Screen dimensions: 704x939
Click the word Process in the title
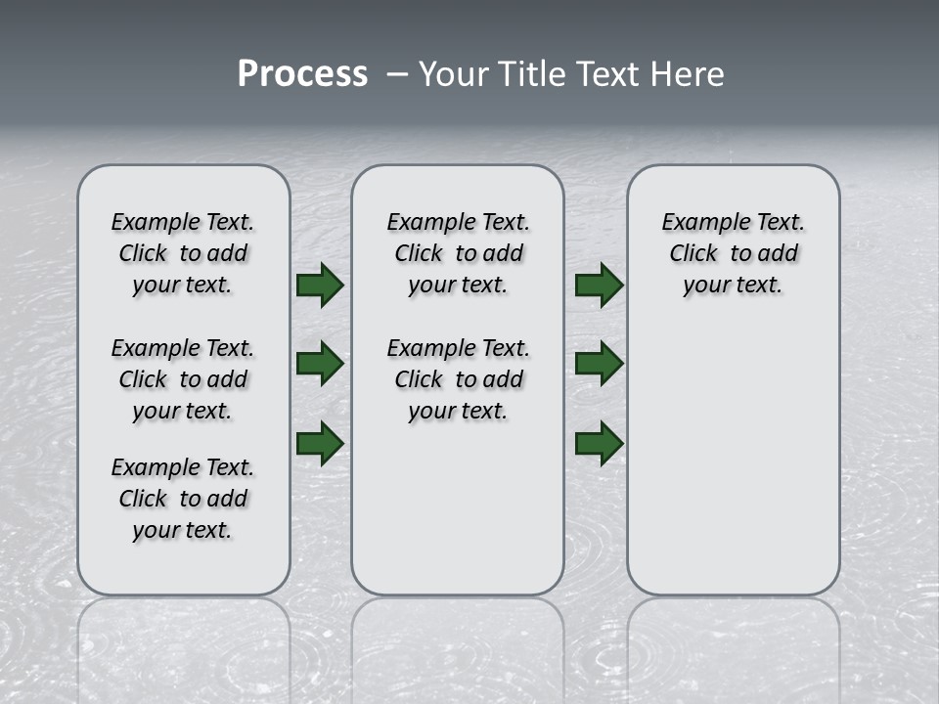(302, 73)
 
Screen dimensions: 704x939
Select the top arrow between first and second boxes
(320, 285)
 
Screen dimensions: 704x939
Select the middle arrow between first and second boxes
(320, 364)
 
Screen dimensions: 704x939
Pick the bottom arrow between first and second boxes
(320, 443)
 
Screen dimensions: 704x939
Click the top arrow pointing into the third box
(599, 285)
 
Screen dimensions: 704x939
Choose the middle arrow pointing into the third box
(599, 364)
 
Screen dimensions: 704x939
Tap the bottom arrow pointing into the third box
(599, 443)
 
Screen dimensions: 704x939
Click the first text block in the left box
(183, 253)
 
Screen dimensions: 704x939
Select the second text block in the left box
(183, 379)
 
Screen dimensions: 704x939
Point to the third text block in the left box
(183, 499)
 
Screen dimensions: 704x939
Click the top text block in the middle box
(458, 253)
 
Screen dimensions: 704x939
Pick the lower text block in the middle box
(458, 379)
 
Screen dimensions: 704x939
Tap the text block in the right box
(733, 253)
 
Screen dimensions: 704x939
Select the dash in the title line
(396, 73)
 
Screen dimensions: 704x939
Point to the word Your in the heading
(456, 73)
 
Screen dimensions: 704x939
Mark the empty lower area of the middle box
(458, 508)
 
